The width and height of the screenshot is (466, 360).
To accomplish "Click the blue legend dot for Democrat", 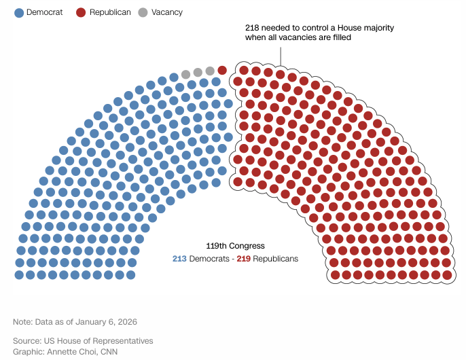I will [19, 12].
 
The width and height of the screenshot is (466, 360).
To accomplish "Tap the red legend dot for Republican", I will [81, 12].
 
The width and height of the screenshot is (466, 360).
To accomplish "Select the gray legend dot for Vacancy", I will [143, 12].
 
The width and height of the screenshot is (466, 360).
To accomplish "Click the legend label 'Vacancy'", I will [167, 12].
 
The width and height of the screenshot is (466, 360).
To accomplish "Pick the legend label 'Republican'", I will [110, 12].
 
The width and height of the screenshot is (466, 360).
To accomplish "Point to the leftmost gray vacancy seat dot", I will [185, 74].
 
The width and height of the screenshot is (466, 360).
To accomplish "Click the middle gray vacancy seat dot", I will [198, 72].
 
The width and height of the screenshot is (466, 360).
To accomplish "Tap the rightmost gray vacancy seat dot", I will [210, 71].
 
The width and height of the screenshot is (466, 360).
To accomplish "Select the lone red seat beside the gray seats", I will [222, 70].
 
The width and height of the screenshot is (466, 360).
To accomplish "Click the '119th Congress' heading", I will [235, 246].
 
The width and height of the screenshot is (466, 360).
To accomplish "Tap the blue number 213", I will [179, 259].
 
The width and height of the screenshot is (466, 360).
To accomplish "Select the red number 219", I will [243, 259].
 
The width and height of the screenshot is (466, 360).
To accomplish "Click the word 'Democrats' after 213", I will [209, 259].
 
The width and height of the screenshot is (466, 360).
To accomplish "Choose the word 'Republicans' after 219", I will [275, 259].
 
